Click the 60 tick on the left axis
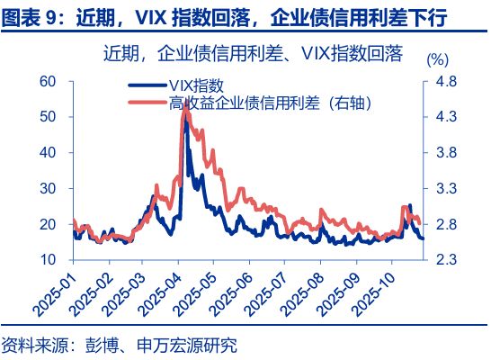(x=49, y=82)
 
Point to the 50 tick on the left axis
(x=49, y=117)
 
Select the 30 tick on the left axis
(x=49, y=188)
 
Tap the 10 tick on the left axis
(x=49, y=259)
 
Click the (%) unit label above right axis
(x=435, y=60)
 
